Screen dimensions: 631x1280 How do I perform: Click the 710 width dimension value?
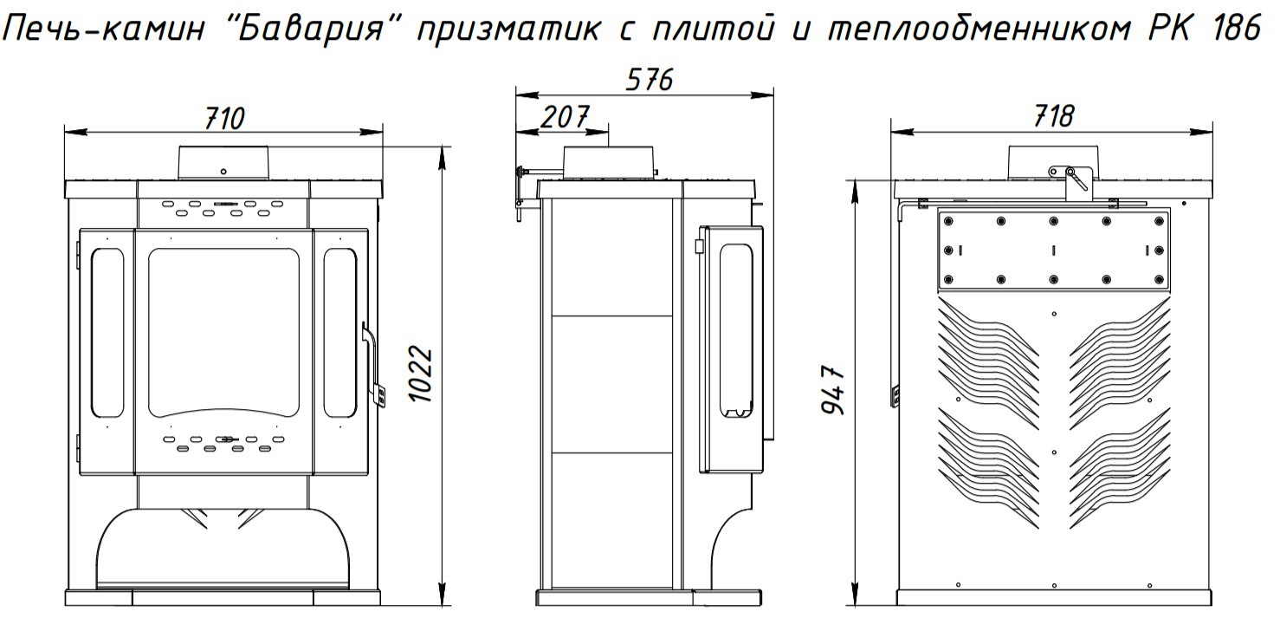click(x=224, y=118)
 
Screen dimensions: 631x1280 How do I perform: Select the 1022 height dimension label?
click(x=422, y=374)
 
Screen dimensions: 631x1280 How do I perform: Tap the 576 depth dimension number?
click(x=649, y=80)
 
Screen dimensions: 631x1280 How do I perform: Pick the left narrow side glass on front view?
click(x=107, y=330)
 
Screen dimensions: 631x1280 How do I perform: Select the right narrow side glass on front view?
click(x=339, y=330)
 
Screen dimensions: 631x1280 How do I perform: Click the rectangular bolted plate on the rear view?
click(x=1052, y=250)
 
